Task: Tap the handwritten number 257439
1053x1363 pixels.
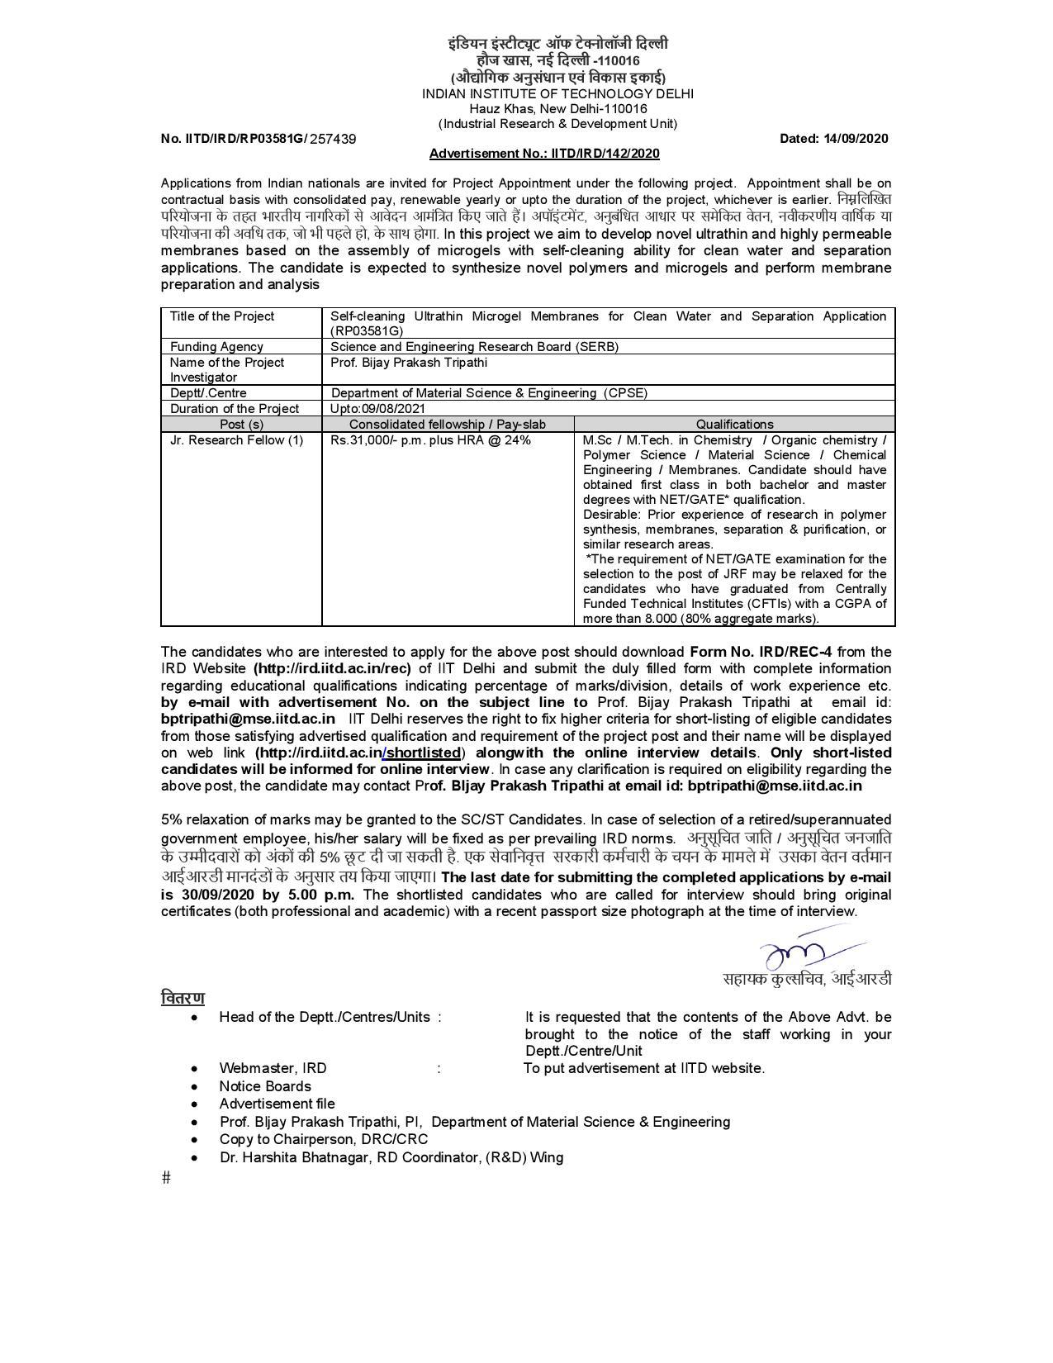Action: [333, 140]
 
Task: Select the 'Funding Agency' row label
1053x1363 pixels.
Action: [216, 347]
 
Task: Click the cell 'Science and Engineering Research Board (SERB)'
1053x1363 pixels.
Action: [474, 347]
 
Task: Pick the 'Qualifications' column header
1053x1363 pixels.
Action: [734, 425]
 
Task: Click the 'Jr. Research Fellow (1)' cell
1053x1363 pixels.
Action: [236, 440]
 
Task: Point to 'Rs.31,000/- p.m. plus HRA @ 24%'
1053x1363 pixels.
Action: [430, 440]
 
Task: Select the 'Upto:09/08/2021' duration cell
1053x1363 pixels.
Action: [378, 409]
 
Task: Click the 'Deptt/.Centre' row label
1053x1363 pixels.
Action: [208, 393]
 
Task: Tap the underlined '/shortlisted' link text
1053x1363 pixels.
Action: [422, 753]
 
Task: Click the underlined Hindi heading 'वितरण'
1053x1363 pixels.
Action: [183, 998]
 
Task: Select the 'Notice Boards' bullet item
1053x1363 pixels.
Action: [265, 1086]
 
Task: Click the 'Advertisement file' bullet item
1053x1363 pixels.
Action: [277, 1104]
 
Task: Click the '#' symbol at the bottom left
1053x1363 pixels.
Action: [167, 1177]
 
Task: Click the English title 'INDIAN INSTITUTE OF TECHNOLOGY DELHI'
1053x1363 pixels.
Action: [557, 94]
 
